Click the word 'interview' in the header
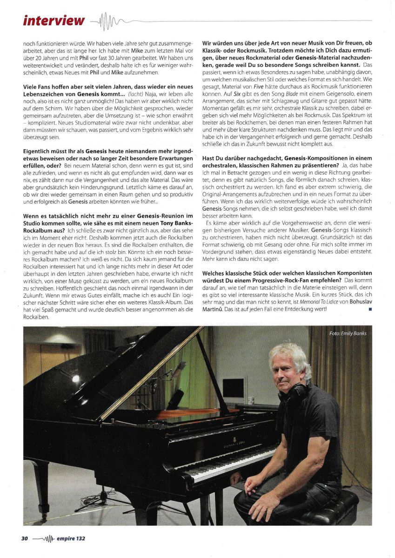54,21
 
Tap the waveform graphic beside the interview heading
107,21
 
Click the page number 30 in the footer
25,538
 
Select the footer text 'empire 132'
71,538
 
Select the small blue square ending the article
369,309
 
